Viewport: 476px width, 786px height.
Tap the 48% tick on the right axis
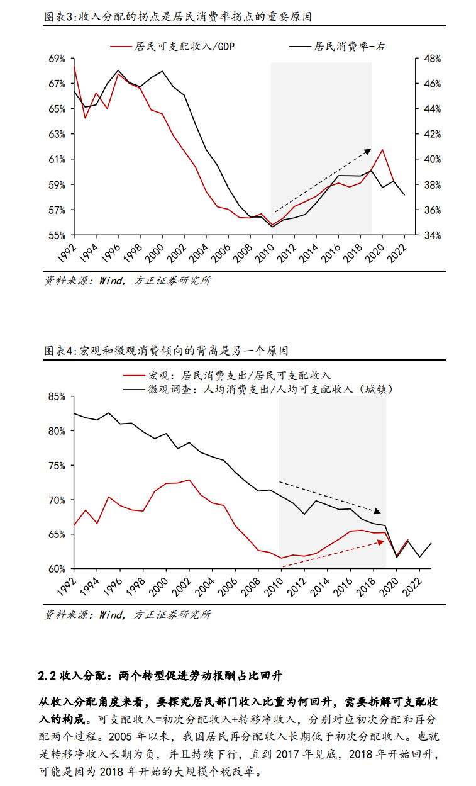432,59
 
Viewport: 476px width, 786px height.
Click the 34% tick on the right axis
432,235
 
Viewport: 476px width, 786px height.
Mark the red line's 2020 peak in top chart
382,150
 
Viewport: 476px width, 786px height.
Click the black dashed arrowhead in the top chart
368,150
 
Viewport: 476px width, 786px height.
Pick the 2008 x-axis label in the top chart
248,251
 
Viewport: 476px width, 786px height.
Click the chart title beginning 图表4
166,351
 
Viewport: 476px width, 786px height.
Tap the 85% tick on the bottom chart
57,397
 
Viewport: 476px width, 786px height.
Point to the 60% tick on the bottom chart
57,569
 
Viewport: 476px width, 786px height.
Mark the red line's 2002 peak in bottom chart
189,480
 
